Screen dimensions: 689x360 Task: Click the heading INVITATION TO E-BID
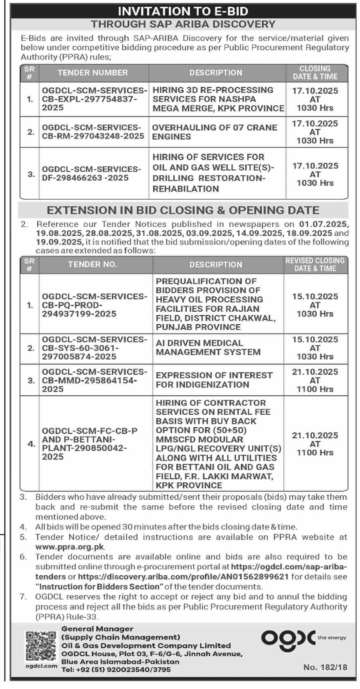click(x=183, y=11)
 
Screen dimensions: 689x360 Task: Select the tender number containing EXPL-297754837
click(x=94, y=99)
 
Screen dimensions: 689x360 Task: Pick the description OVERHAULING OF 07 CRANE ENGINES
click(x=214, y=132)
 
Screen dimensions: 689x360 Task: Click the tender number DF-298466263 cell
click(x=91, y=173)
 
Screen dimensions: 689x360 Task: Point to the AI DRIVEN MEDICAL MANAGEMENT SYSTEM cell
click(x=208, y=347)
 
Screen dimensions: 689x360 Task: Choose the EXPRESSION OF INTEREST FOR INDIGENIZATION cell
click(x=214, y=380)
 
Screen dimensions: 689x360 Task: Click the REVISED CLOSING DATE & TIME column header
click(x=315, y=264)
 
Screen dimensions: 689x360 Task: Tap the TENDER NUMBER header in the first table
click(x=93, y=73)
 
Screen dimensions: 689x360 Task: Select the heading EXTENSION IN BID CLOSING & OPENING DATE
click(x=183, y=210)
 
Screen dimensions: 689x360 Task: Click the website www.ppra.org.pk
click(x=70, y=547)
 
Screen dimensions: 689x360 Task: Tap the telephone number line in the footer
click(x=116, y=669)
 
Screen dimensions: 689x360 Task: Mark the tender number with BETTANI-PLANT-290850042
click(x=90, y=444)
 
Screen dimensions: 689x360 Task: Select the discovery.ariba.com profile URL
click(x=183, y=577)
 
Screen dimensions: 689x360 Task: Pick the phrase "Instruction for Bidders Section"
click(x=99, y=587)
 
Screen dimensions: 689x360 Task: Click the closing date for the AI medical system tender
click(x=315, y=348)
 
